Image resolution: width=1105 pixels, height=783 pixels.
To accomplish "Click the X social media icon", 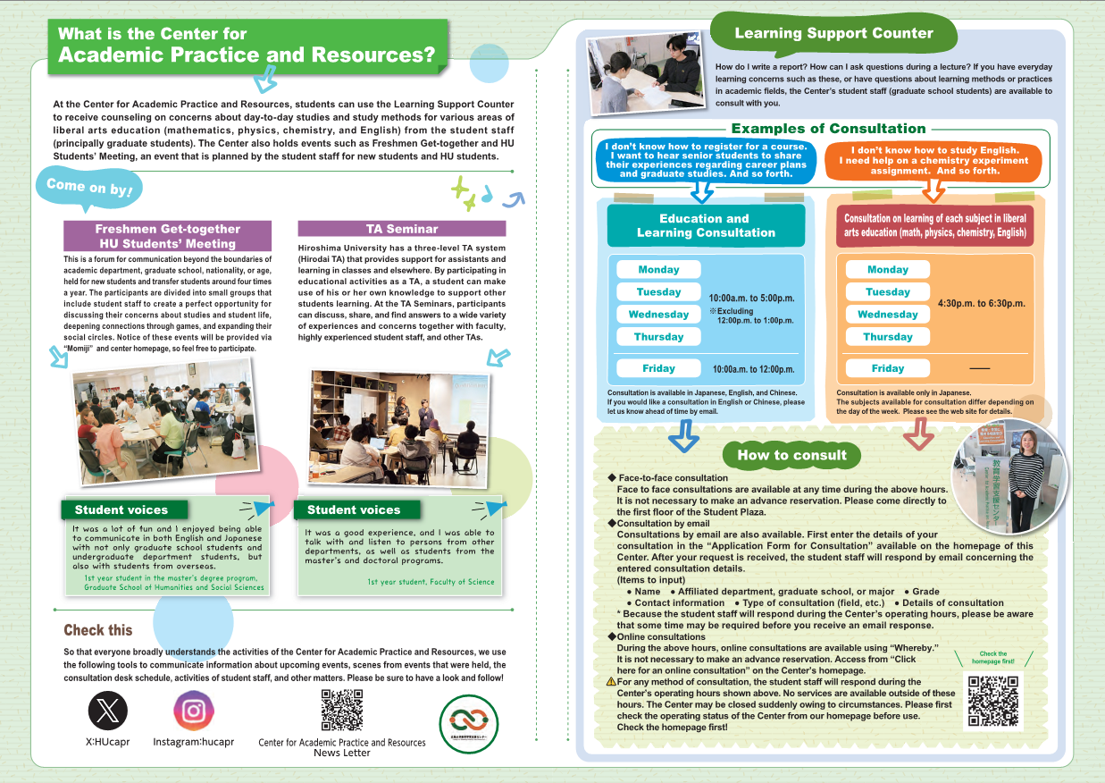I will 108,711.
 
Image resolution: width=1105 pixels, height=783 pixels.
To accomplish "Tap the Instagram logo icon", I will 194,711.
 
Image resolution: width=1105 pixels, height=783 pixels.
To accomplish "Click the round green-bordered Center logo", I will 469,723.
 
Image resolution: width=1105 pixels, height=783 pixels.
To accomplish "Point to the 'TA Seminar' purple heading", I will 401,229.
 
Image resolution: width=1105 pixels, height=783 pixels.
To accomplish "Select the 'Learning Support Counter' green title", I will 833,34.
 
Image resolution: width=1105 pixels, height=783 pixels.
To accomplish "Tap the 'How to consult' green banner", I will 791,455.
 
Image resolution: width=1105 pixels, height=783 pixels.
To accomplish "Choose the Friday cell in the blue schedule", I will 658,368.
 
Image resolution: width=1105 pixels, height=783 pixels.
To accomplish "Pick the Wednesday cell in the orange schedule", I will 887,314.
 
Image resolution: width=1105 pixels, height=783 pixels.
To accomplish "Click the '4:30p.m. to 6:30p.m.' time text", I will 981,304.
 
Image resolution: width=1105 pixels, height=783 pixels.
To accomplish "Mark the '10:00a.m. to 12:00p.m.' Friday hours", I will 753,369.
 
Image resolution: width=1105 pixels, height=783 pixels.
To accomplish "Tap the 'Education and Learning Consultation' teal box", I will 706,225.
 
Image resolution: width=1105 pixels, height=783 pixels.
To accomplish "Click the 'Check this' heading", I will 98,630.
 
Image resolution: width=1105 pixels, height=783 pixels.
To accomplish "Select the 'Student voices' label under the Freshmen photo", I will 121,509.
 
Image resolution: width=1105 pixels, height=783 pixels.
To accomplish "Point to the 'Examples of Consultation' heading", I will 828,129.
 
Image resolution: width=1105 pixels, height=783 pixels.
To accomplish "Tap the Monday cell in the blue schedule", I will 658,269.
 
